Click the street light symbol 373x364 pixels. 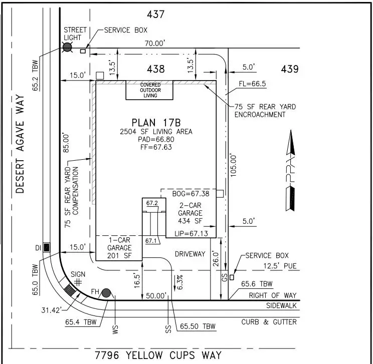(67, 48)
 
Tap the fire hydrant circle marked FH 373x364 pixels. (106, 293)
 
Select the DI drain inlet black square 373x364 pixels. (47, 247)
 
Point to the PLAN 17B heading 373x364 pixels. (155, 122)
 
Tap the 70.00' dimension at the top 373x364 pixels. (154, 43)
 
